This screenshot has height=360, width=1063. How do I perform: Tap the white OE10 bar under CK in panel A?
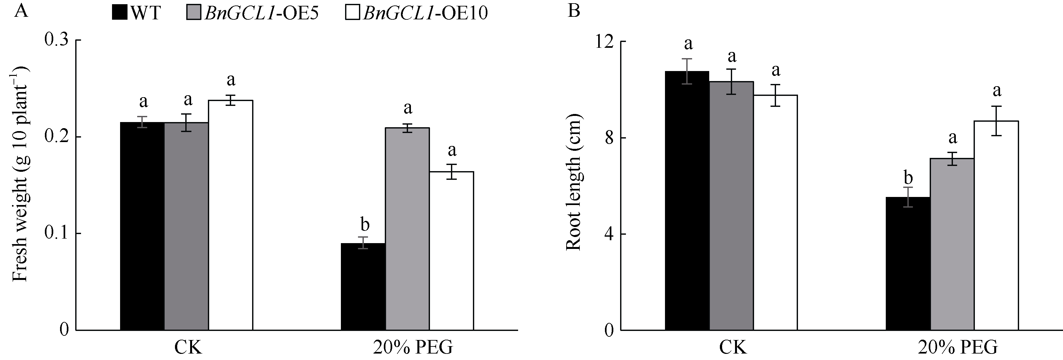click(230, 215)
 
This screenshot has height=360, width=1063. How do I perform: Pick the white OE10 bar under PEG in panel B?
click(996, 225)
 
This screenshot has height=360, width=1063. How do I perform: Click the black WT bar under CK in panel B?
click(687, 201)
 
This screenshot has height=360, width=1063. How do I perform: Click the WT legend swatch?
click(120, 13)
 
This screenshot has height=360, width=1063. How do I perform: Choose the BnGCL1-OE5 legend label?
click(261, 13)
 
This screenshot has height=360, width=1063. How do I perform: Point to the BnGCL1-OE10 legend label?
click(425, 13)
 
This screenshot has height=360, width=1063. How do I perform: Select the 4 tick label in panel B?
click(609, 234)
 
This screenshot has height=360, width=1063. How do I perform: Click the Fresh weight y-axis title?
click(20, 173)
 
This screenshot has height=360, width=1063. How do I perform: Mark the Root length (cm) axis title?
click(573, 182)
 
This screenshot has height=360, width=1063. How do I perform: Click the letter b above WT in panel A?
click(365, 225)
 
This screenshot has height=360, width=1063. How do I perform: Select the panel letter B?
click(574, 11)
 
